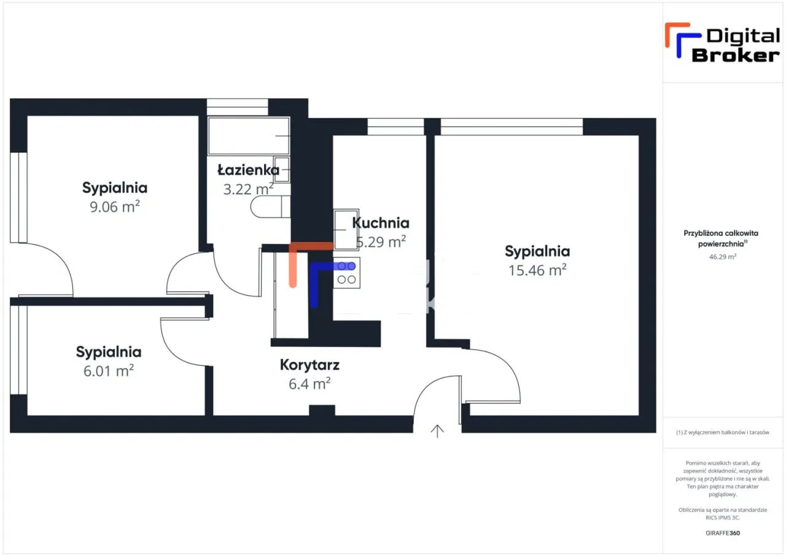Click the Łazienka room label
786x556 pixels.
pos(248,170)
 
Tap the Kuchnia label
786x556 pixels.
pos(381,222)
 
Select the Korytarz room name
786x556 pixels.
pos(309,365)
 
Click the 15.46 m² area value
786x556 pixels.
pos(537,270)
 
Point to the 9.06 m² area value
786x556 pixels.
pos(115,206)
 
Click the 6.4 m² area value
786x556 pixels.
pos(309,384)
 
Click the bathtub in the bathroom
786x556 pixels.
pos(249,136)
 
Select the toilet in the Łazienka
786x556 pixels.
pos(269,207)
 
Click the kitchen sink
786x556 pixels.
pos(346,229)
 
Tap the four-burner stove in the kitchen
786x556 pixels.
pos(346,273)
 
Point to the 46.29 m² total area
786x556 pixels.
pos(723,257)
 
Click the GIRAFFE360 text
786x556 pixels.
pos(723,533)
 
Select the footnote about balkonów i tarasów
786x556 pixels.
pos(723,433)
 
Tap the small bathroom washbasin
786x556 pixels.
pos(282,169)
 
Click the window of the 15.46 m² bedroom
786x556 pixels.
pos(512,127)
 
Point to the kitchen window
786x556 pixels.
pos(395,127)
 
